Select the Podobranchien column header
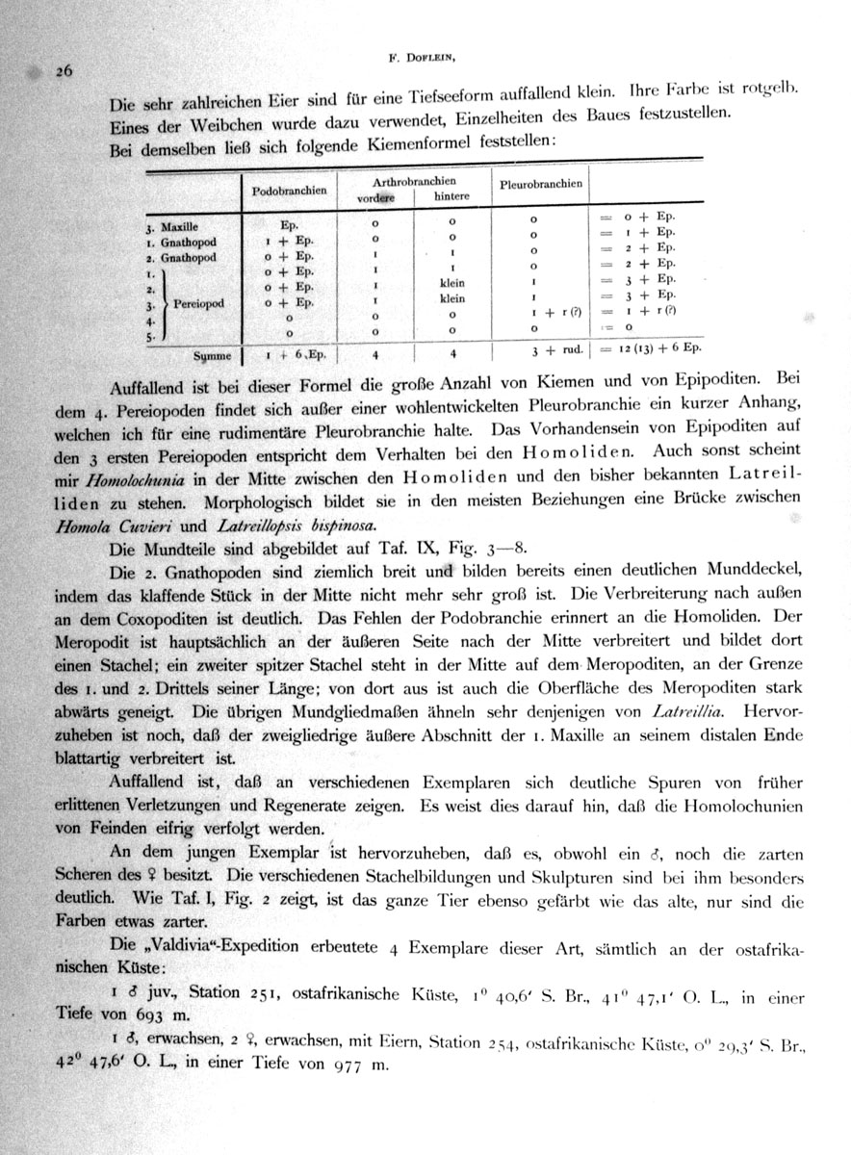pyautogui.click(x=289, y=191)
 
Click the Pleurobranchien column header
pyautogui.click(x=542, y=183)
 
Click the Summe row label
pyautogui.click(x=214, y=355)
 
